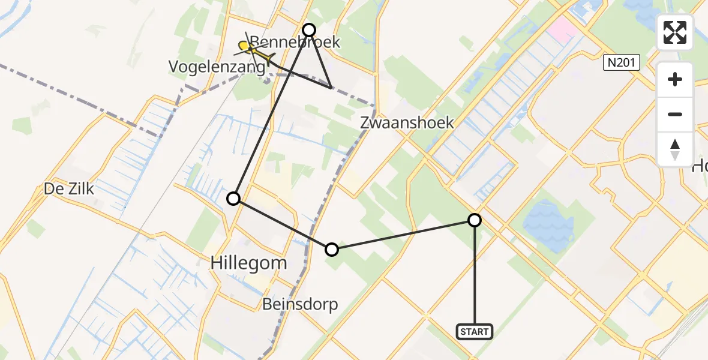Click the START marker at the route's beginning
tap(475, 331)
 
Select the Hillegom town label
tap(248, 263)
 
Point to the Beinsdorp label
tap(300, 304)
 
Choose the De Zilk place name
tap(69, 189)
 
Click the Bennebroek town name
tap(295, 43)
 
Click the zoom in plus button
tap(676, 79)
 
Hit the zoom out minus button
tap(676, 114)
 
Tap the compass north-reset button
tap(676, 149)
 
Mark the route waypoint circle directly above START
tap(475, 220)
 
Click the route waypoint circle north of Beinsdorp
tap(332, 250)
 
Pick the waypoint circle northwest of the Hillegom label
tap(233, 198)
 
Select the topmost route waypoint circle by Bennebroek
tap(309, 29)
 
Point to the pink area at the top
tap(562, 27)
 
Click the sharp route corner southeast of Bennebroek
tap(331, 88)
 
